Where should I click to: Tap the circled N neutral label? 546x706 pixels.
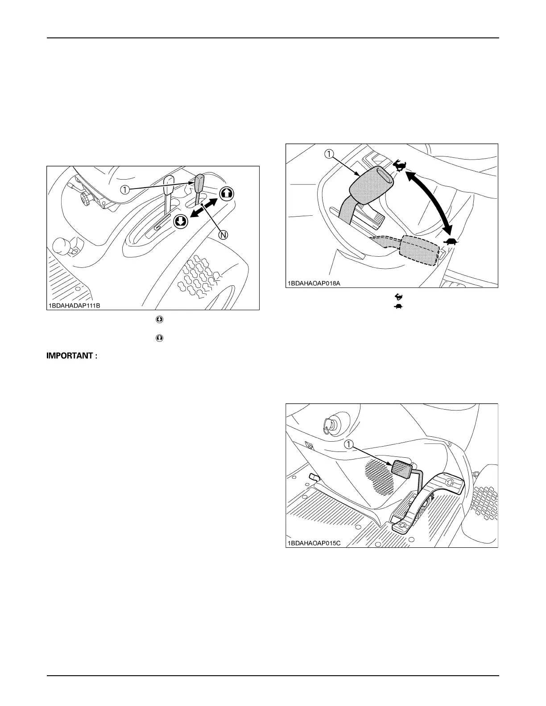coord(222,235)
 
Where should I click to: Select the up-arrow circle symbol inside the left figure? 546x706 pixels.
coord(226,194)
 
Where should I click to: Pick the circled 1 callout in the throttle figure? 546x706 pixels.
coord(329,154)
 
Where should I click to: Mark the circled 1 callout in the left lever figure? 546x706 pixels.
coord(127,189)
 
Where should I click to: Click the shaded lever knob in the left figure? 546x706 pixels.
coord(199,182)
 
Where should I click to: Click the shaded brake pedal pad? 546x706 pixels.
coord(401,468)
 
